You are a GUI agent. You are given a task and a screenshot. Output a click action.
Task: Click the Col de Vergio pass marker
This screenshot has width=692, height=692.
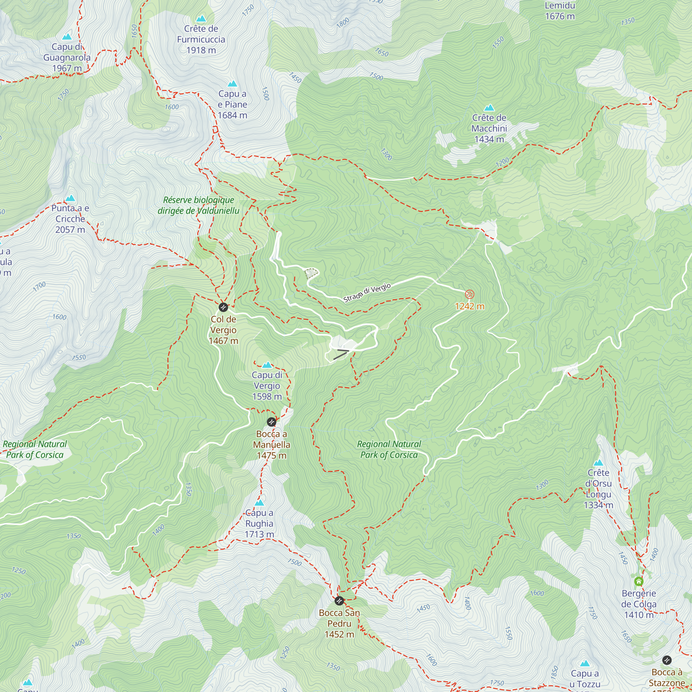tap(223, 307)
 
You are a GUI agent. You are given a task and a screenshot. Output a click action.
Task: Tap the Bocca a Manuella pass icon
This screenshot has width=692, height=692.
tap(272, 422)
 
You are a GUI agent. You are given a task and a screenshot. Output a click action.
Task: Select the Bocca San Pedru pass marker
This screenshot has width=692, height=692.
tap(339, 601)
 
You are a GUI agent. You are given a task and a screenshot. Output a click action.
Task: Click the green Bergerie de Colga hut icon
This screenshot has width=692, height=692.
tap(639, 581)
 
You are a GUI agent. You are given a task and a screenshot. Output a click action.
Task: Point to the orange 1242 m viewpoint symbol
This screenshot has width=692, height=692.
tap(470, 294)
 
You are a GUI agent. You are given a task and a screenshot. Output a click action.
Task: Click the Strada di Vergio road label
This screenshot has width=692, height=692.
tap(367, 293)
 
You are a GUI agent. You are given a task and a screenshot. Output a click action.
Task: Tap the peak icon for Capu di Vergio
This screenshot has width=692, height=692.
tap(267, 365)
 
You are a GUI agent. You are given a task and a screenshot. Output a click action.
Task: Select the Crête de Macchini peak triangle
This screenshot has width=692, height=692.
tap(489, 108)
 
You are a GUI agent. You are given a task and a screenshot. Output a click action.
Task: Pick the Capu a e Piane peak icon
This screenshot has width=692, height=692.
tap(233, 84)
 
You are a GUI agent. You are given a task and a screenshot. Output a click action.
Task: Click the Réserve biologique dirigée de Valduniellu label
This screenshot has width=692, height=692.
tap(198, 205)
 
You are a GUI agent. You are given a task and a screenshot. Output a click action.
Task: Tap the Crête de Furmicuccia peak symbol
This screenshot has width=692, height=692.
tap(201, 18)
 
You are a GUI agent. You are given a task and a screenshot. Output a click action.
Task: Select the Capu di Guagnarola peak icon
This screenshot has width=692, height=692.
tap(67, 37)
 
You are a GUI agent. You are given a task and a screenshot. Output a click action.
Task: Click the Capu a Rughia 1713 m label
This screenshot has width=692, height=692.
tap(259, 523)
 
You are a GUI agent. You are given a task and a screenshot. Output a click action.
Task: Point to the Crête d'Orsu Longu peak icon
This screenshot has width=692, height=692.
tap(598, 463)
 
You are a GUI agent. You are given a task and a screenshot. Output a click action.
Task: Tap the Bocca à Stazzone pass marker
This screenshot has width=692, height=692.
tap(667, 660)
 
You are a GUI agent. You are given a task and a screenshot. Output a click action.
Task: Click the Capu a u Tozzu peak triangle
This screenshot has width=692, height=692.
tap(585, 663)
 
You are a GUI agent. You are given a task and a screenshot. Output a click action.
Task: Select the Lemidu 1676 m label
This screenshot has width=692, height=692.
tap(560, 11)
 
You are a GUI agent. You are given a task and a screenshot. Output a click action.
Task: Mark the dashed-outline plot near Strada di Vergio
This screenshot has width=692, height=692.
tap(311, 273)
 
